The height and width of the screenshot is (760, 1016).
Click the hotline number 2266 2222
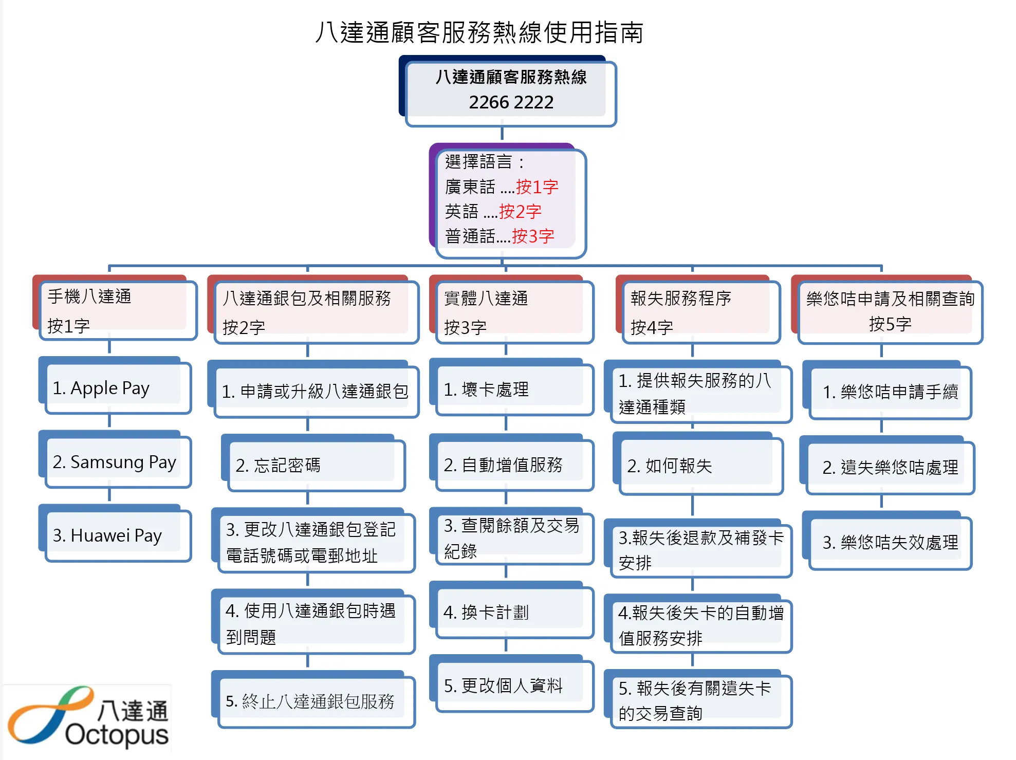pyautogui.click(x=511, y=103)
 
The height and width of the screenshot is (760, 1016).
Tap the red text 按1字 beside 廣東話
pyautogui.click(x=537, y=187)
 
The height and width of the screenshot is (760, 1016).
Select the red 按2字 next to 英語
pyautogui.click(x=520, y=212)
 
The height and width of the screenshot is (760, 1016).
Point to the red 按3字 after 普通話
pyautogui.click(x=533, y=236)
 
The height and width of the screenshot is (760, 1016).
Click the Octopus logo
pyautogui.click(x=87, y=717)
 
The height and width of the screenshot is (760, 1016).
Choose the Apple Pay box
pyautogui.click(x=118, y=388)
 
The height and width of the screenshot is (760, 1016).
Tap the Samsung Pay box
pyautogui.click(x=118, y=462)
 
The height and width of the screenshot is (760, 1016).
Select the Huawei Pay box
pyautogui.click(x=118, y=535)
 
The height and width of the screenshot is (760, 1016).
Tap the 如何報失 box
pyautogui.click(x=700, y=466)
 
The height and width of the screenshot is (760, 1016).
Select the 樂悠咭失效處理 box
pyautogui.click(x=890, y=543)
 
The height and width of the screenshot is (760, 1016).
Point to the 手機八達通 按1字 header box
pyautogui.click(x=118, y=310)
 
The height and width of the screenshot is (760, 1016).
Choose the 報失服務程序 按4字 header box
pyautogui.click(x=700, y=312)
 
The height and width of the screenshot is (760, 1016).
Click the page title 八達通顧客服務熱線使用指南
pyautogui.click(x=479, y=32)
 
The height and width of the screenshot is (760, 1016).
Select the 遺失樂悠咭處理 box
pyautogui.click(x=890, y=468)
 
